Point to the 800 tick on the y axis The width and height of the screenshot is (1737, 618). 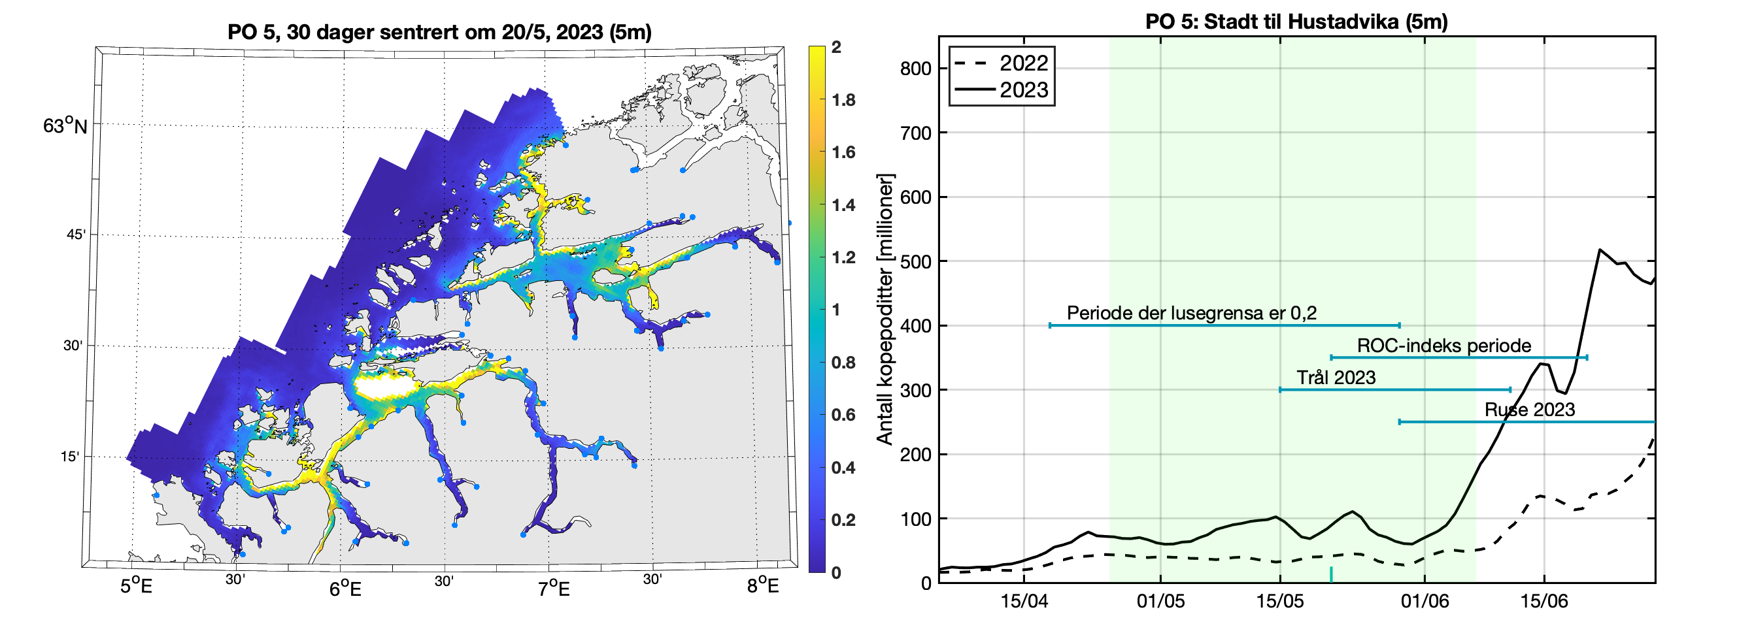916,69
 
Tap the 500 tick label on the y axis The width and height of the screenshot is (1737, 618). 916,261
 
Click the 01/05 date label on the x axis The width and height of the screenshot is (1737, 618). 1160,601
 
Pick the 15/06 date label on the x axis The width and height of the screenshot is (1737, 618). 1544,601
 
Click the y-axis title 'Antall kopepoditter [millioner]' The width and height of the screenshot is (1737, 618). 885,308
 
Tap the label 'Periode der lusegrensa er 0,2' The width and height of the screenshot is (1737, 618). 1192,313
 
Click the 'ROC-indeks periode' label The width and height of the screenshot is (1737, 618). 1443,346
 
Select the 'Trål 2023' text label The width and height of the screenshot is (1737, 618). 1336,378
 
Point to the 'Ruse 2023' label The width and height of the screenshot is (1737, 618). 1529,410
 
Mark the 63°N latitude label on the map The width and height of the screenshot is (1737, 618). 65,126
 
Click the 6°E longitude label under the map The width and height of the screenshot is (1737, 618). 345,589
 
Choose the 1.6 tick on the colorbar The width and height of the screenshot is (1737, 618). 843,152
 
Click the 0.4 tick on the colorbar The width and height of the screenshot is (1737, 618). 843,468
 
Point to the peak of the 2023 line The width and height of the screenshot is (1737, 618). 1600,250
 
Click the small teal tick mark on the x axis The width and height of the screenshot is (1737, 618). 1331,575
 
